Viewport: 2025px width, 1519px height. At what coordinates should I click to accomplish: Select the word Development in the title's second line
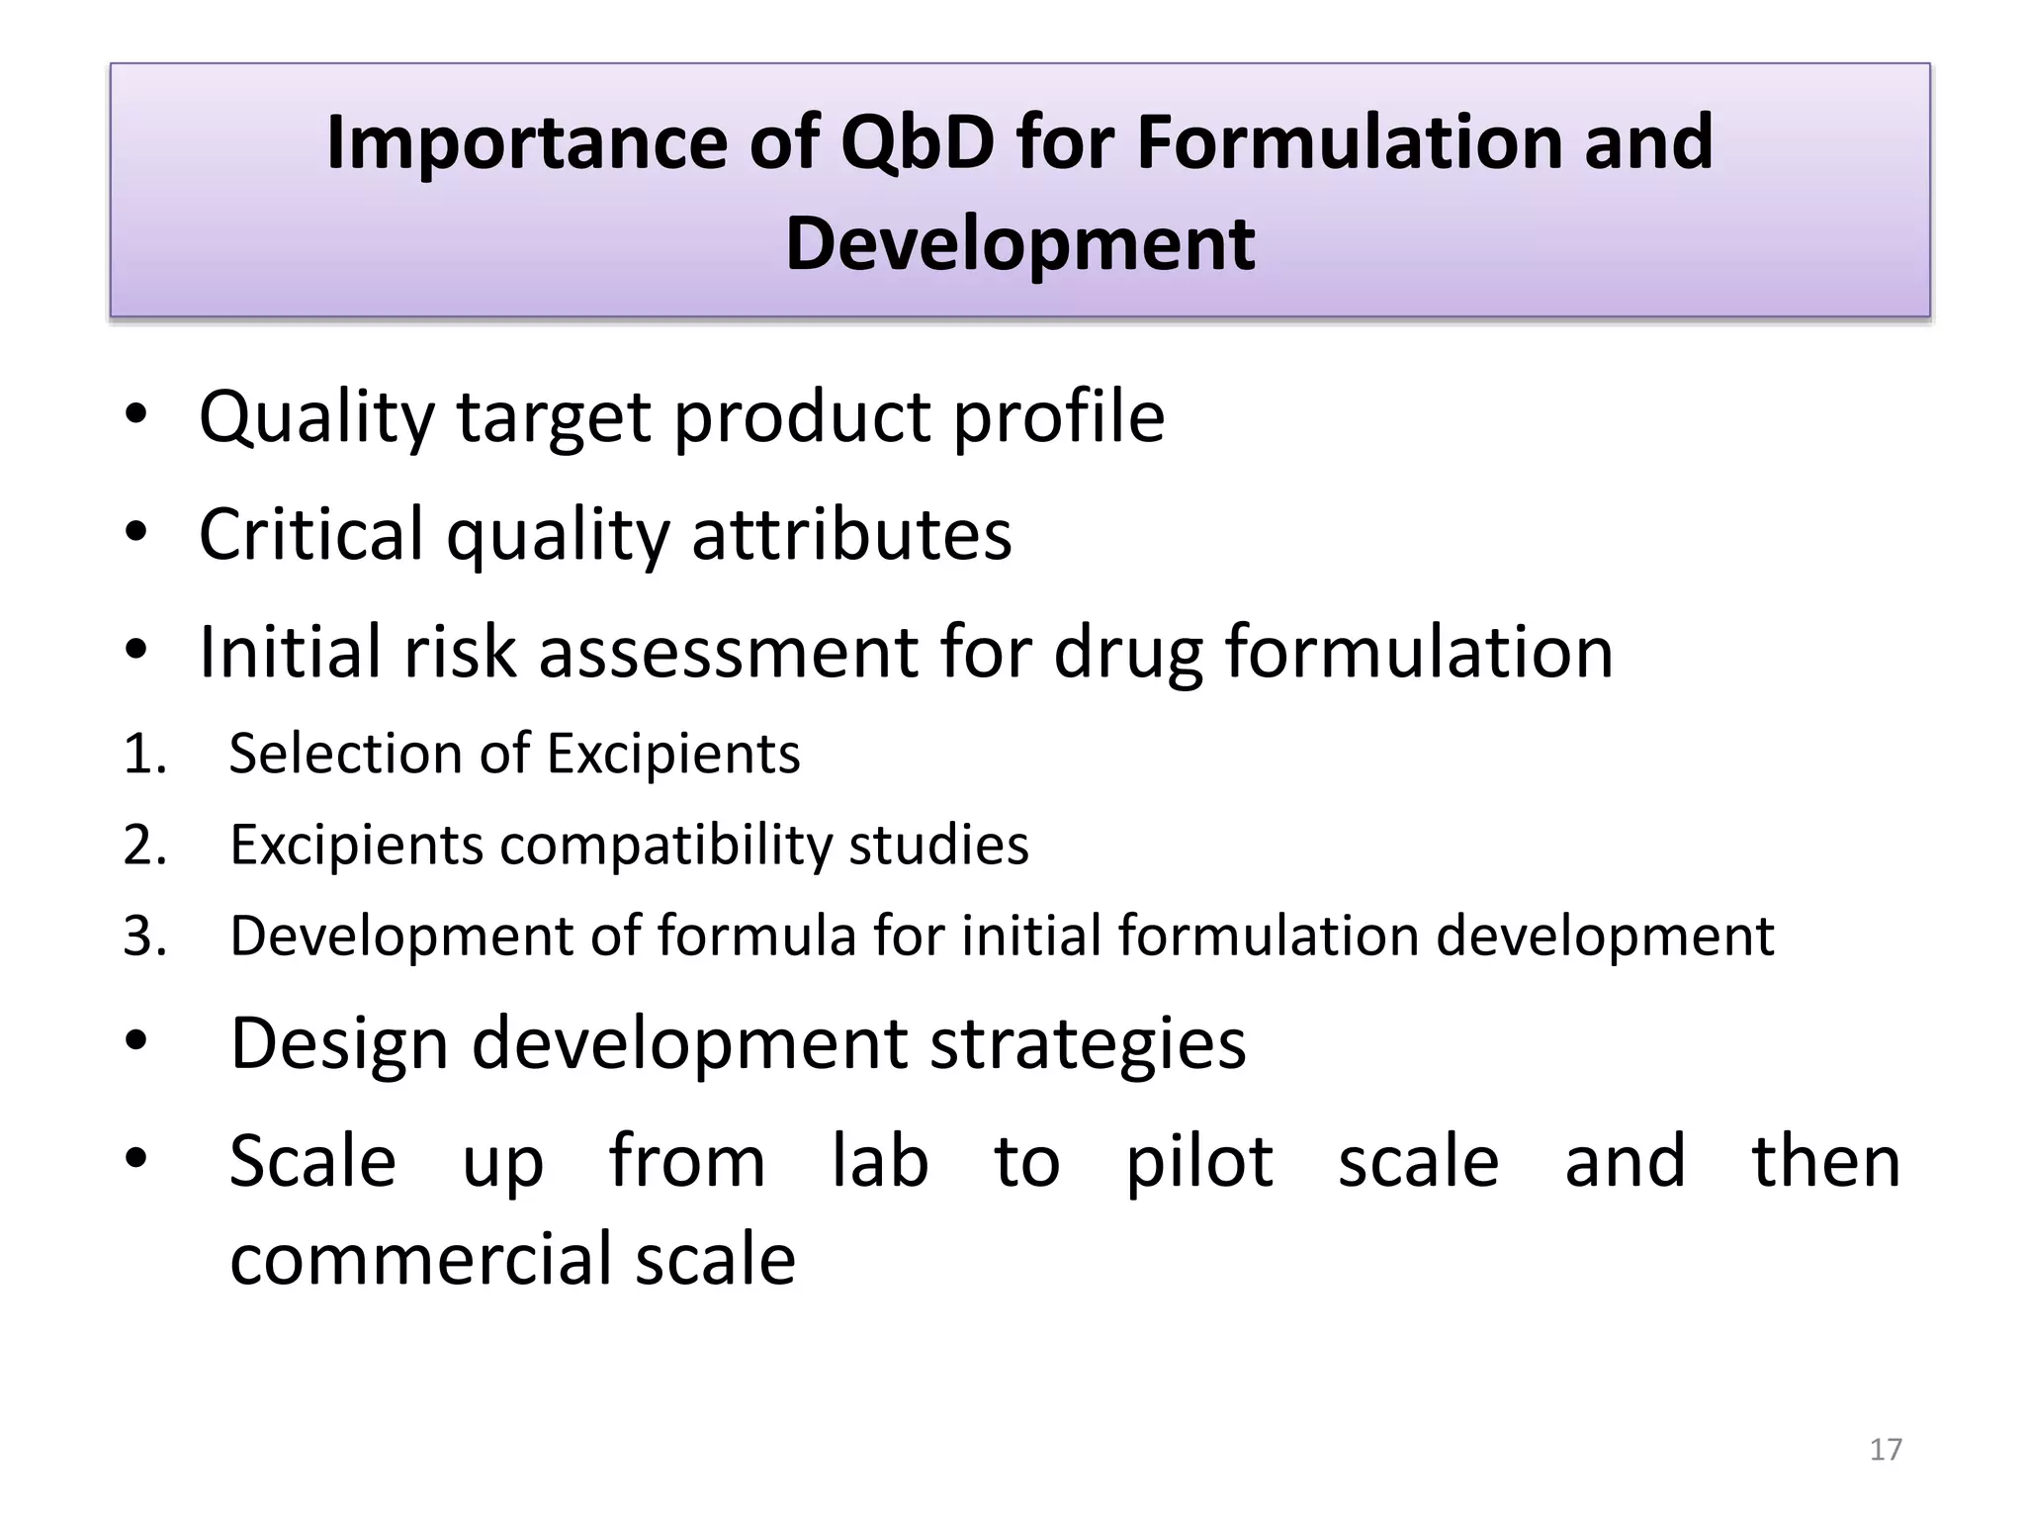(1019, 244)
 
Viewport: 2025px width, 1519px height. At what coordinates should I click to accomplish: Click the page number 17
(1886, 1449)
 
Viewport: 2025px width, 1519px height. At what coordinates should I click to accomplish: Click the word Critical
(311, 534)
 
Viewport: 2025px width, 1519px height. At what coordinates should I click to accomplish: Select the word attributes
(851, 534)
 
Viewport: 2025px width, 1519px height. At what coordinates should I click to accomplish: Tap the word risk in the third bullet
(460, 652)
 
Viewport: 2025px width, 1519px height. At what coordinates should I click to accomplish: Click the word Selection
(344, 754)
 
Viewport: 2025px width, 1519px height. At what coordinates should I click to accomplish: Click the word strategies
(1088, 1044)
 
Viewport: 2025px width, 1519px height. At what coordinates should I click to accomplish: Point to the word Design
(339, 1044)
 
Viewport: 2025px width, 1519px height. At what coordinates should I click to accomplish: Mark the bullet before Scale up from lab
(136, 1156)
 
